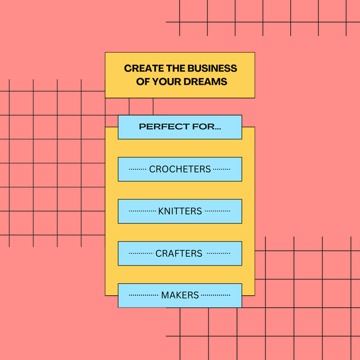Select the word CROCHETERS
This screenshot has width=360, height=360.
pos(180,169)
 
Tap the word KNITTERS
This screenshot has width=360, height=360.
pos(180,211)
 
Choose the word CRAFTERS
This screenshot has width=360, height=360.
pos(179,253)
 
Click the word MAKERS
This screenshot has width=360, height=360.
pos(180,295)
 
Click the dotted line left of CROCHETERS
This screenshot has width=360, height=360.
pos(138,170)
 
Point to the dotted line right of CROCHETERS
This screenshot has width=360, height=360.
pos(221,170)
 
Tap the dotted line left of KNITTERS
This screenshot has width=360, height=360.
pos(142,212)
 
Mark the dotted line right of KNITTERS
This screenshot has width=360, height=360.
pos(217,212)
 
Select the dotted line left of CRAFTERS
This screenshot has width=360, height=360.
pos(141,254)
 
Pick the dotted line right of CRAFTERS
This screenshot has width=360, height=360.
pos(218,254)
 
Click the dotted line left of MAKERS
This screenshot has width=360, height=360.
pos(144,296)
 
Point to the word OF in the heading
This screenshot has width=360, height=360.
pos(143,82)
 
